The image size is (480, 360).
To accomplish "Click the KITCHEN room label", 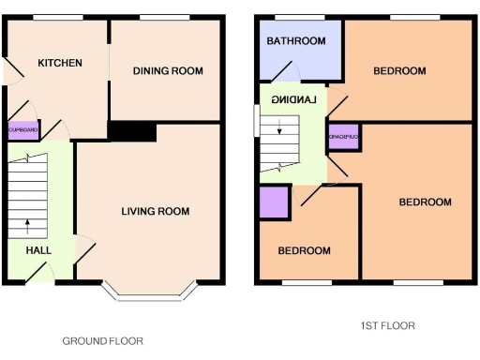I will pyautogui.click(x=60, y=63).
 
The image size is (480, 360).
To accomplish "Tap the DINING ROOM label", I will pyautogui.click(x=168, y=71).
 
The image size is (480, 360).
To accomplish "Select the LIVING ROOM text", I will pyautogui.click(x=155, y=212).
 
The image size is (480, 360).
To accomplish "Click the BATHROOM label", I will pyautogui.click(x=296, y=41).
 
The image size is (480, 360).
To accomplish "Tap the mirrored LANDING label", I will pyautogui.click(x=293, y=99).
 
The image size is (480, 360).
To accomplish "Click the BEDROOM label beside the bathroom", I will pyautogui.click(x=399, y=71).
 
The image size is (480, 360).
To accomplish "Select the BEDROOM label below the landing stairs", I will pyautogui.click(x=305, y=251).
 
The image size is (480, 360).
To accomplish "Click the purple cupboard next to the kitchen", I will pyautogui.click(x=23, y=131).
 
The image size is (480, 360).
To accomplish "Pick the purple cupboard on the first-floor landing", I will pyautogui.click(x=344, y=137).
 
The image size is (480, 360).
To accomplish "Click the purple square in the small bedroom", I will pyautogui.click(x=274, y=203).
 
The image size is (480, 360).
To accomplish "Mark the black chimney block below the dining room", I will pyautogui.click(x=124, y=131).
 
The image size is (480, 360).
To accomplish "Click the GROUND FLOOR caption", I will pyautogui.click(x=103, y=341).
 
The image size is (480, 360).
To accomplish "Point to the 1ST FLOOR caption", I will pyautogui.click(x=387, y=326).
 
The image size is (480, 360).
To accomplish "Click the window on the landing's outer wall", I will pyautogui.click(x=256, y=121).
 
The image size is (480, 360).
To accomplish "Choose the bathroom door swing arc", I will pyautogui.click(x=288, y=72).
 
